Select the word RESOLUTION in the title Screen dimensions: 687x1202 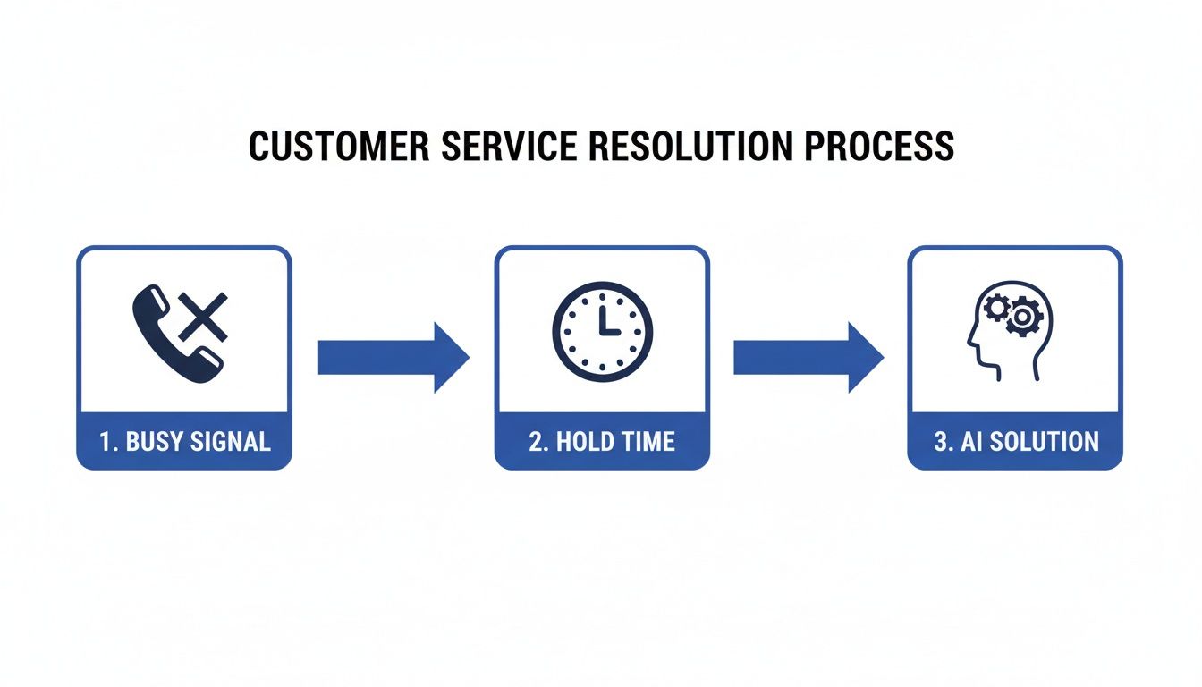[x=671, y=147]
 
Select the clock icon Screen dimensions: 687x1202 [x=602, y=332]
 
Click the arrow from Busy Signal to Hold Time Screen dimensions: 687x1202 [x=394, y=358]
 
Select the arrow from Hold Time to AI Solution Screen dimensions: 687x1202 [x=808, y=358]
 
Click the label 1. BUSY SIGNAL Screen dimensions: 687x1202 [x=185, y=441]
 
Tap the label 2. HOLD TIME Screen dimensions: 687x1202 [x=602, y=441]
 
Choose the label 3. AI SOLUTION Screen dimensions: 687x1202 [x=1016, y=441]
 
